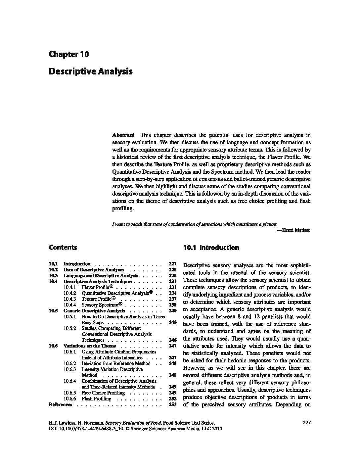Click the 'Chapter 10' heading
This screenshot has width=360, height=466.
69,54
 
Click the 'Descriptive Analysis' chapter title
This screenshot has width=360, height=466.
90,71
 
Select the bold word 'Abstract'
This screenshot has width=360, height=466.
123,135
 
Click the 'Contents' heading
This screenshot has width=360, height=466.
63,248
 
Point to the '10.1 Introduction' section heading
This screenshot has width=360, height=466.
211,248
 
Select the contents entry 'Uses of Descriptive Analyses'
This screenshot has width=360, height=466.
94,270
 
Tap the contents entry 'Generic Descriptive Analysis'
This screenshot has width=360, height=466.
94,311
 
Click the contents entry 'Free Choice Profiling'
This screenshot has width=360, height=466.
103,393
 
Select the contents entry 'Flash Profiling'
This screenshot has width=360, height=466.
96,399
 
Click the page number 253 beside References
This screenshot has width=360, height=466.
172,404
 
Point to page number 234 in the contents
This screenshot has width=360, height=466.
172,293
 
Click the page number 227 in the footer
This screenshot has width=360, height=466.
306,423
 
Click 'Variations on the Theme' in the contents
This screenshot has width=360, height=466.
90,346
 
